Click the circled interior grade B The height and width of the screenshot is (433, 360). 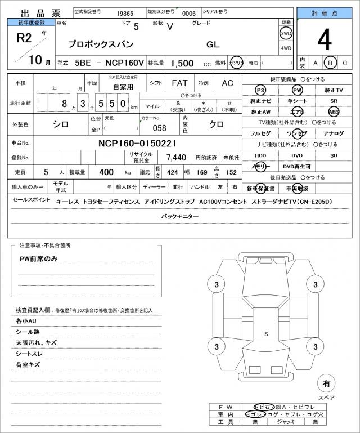pos(331,63)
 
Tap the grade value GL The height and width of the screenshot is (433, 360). pos(213,44)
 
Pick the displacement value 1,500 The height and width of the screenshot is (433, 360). pos(183,64)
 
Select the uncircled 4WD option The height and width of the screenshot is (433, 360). pos(286,48)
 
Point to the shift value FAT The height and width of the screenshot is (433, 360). pos(179,83)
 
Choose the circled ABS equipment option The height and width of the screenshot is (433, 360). pos(334,111)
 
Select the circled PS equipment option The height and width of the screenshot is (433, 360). pos(260,90)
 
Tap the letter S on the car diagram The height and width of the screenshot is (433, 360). pos(266,334)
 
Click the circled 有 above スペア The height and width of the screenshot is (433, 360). pos(326,383)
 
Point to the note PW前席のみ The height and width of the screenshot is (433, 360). pos(39,258)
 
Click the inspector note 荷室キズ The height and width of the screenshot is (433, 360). pos(28,365)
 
